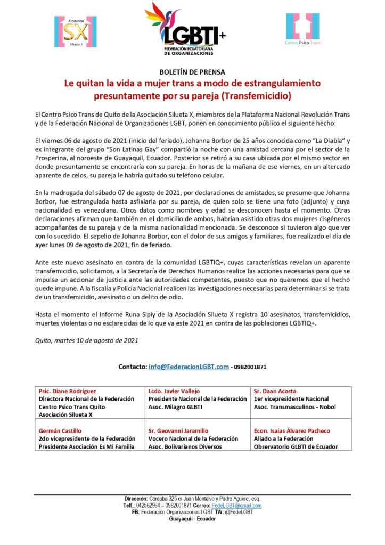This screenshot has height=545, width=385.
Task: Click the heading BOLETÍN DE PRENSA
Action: click(192, 72)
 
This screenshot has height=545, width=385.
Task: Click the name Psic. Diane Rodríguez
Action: click(67, 391)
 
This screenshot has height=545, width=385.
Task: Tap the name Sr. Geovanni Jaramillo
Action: click(178, 430)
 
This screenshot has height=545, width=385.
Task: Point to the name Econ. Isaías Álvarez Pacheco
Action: click(292, 430)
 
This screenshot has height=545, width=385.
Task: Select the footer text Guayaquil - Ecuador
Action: click(192, 519)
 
